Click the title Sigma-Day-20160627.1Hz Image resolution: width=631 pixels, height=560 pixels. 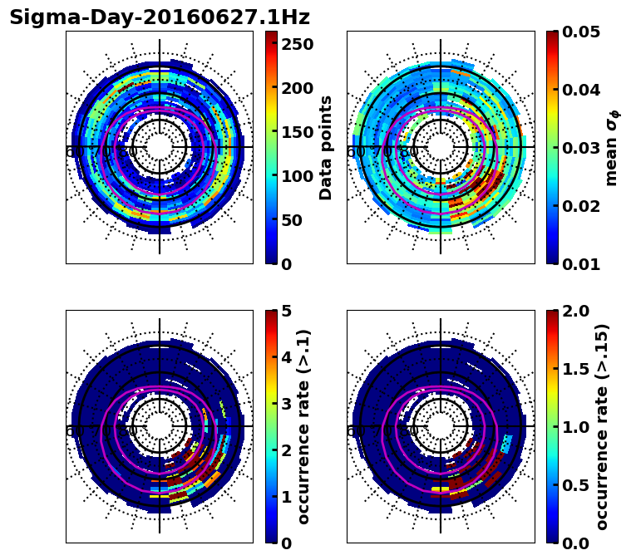click(159, 17)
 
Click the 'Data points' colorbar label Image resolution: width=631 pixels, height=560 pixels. click(326, 147)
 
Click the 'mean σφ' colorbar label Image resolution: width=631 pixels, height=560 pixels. click(611, 148)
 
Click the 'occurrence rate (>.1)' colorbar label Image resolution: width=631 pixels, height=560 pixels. click(304, 426)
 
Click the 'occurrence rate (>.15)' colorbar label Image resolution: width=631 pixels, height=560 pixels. click(602, 426)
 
